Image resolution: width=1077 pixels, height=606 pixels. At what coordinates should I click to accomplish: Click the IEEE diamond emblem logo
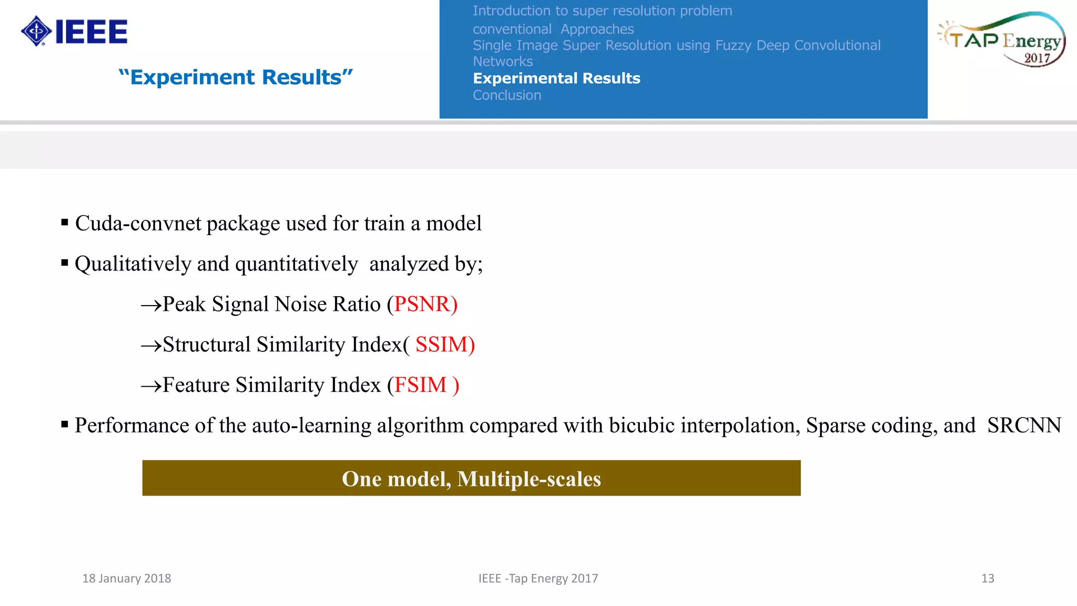pyautogui.click(x=36, y=31)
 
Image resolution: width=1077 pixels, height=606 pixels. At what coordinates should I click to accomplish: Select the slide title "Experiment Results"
pyautogui.click(x=236, y=77)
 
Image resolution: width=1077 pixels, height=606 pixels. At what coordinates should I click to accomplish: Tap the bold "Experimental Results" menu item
pyautogui.click(x=556, y=78)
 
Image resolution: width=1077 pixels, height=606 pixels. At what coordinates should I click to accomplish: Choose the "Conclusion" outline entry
pyautogui.click(x=506, y=95)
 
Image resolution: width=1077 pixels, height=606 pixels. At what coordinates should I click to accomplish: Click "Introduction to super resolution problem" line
pyautogui.click(x=602, y=11)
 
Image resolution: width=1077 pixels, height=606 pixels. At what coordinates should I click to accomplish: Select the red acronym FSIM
pyautogui.click(x=421, y=385)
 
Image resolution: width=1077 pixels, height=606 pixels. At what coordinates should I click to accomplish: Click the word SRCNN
pyautogui.click(x=1024, y=426)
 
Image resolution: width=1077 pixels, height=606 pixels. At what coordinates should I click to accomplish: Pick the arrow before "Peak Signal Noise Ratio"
pyautogui.click(x=151, y=306)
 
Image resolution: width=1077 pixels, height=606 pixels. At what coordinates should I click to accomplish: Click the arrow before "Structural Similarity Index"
pyautogui.click(x=151, y=346)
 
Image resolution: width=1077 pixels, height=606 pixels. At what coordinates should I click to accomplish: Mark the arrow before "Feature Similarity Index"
pyautogui.click(x=151, y=387)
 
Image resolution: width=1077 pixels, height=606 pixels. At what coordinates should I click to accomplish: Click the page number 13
pyautogui.click(x=988, y=579)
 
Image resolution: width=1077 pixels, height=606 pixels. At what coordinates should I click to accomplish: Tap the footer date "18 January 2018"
pyautogui.click(x=127, y=579)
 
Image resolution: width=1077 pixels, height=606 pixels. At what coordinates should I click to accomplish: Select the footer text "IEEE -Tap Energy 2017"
pyautogui.click(x=538, y=579)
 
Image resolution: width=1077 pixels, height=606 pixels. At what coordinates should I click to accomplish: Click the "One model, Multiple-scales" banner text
pyautogui.click(x=471, y=479)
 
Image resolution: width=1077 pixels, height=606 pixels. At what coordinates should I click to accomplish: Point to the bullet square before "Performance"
pyautogui.click(x=65, y=424)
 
